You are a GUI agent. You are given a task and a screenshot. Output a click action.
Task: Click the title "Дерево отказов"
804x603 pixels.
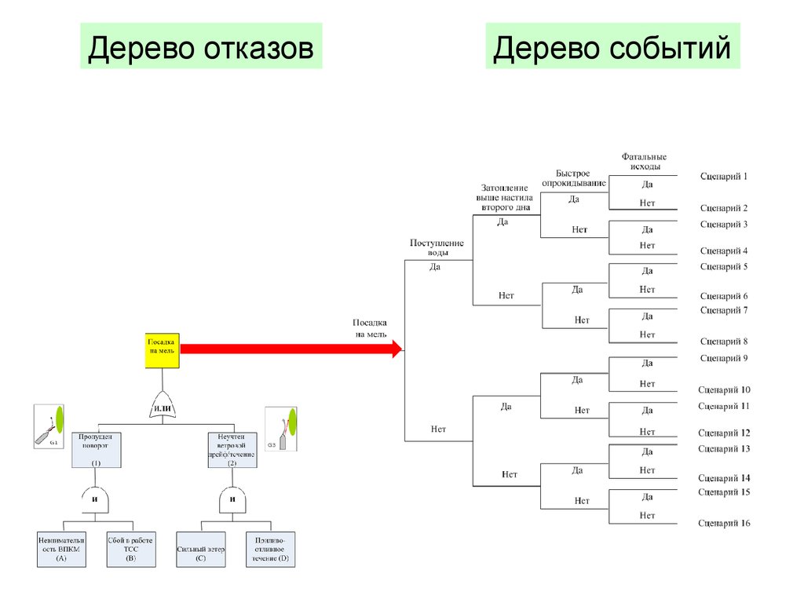[201, 49]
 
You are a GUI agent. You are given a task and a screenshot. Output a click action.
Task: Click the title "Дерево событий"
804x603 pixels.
[612, 49]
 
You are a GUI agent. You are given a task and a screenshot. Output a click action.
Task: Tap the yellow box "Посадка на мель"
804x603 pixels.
[163, 350]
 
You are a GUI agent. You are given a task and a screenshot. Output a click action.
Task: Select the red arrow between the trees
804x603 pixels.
[291, 349]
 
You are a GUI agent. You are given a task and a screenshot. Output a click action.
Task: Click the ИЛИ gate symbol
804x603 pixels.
[163, 407]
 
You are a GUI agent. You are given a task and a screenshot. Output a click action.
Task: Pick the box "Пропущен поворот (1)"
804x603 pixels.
[96, 450]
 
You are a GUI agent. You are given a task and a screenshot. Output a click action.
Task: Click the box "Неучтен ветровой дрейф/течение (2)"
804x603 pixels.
[232, 450]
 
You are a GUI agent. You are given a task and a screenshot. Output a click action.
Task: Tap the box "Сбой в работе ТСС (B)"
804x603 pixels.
[130, 550]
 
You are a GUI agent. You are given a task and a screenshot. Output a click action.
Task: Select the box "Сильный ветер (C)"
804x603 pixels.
[201, 550]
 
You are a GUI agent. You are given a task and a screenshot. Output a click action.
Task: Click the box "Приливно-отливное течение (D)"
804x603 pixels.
[270, 550]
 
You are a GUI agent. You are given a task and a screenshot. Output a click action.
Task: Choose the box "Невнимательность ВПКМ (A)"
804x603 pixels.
[61, 550]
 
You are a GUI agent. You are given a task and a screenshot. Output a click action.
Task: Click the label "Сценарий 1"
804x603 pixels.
[724, 177]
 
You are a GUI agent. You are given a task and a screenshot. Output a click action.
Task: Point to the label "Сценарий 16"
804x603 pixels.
[724, 523]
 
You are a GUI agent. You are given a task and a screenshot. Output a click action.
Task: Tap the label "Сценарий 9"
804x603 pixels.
[724, 358]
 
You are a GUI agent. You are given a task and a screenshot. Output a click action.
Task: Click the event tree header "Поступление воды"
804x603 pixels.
[437, 248]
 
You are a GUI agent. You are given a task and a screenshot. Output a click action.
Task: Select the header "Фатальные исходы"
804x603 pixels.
[645, 162]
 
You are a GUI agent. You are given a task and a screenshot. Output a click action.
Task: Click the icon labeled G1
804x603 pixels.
[49, 426]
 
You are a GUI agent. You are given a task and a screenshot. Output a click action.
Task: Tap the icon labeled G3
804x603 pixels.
[281, 429]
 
